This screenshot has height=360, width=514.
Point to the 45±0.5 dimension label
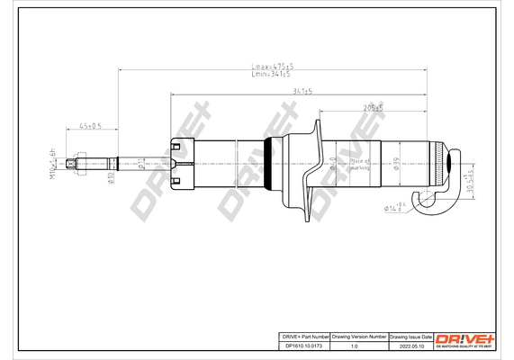89,125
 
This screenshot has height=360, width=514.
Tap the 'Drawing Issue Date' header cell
410,334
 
